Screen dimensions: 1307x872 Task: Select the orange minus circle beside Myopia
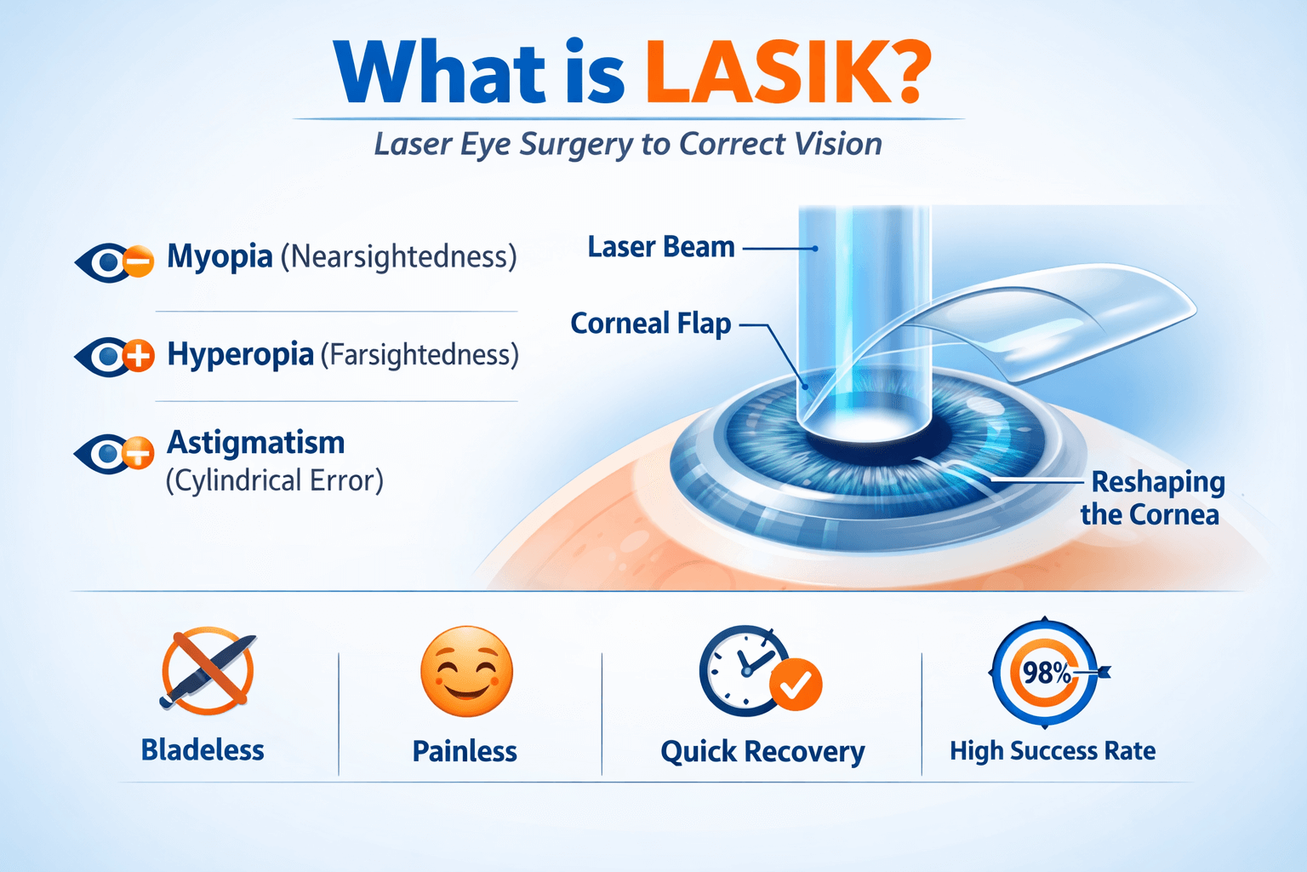tap(139, 261)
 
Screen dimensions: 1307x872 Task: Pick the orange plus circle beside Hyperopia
tap(139, 355)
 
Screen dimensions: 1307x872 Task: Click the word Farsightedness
tap(419, 354)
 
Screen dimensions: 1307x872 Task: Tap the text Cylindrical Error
tap(275, 481)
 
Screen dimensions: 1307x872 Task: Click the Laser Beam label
tap(661, 247)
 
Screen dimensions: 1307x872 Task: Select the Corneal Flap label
tap(651, 324)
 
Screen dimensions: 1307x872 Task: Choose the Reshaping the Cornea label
tap(1152, 498)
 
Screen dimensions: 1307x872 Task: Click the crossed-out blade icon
tap(208, 671)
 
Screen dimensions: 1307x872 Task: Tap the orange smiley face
tap(467, 672)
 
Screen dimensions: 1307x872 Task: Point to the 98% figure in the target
tap(1047, 674)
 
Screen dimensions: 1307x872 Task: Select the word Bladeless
tap(203, 750)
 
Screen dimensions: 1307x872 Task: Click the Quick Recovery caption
tap(762, 752)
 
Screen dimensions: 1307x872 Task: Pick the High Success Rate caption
tap(1053, 751)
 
